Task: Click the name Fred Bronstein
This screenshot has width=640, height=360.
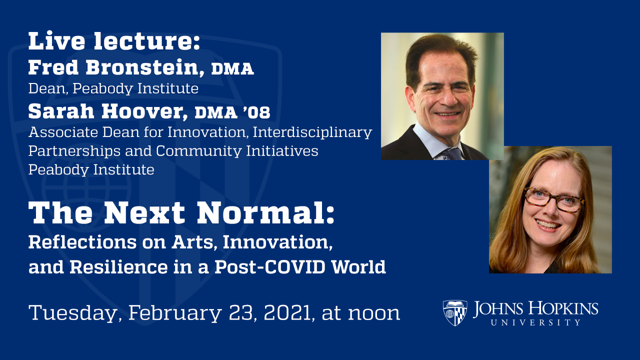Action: click(116, 67)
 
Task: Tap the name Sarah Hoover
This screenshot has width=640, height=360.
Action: click(108, 112)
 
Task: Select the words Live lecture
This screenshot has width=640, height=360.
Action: click(114, 41)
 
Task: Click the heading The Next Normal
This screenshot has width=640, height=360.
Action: click(181, 213)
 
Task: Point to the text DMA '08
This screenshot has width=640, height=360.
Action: click(232, 113)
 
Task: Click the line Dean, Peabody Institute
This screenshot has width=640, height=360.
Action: click(113, 89)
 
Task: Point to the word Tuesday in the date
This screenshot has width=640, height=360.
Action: click(74, 313)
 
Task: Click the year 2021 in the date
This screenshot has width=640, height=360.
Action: click(287, 313)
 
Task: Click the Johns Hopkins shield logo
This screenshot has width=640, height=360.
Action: click(455, 313)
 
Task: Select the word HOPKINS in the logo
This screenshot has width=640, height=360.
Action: click(567, 308)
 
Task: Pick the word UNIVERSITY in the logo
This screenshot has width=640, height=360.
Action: click(535, 322)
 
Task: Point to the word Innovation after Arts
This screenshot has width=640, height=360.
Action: click(277, 242)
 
